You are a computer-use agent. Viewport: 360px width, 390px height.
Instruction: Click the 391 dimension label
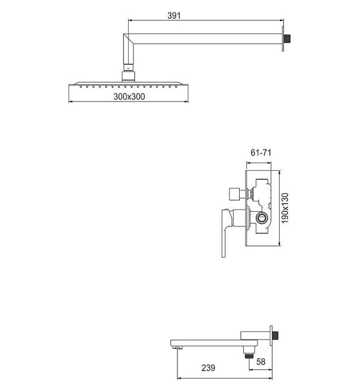[174, 16]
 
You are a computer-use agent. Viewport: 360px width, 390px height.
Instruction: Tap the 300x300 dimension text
[129, 96]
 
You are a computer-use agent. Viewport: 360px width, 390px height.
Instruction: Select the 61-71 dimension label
[261, 152]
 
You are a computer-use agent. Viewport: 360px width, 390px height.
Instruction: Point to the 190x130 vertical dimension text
[285, 208]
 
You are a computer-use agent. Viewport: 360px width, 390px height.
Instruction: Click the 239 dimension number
[208, 368]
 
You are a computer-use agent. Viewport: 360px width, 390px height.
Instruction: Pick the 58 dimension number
[261, 362]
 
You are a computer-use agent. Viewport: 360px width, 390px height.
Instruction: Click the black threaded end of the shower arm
[288, 39]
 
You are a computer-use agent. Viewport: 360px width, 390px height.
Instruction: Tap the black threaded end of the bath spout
[275, 335]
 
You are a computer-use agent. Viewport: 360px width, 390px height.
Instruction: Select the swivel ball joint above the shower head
[128, 76]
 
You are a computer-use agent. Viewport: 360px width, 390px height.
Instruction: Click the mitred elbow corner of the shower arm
[129, 39]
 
